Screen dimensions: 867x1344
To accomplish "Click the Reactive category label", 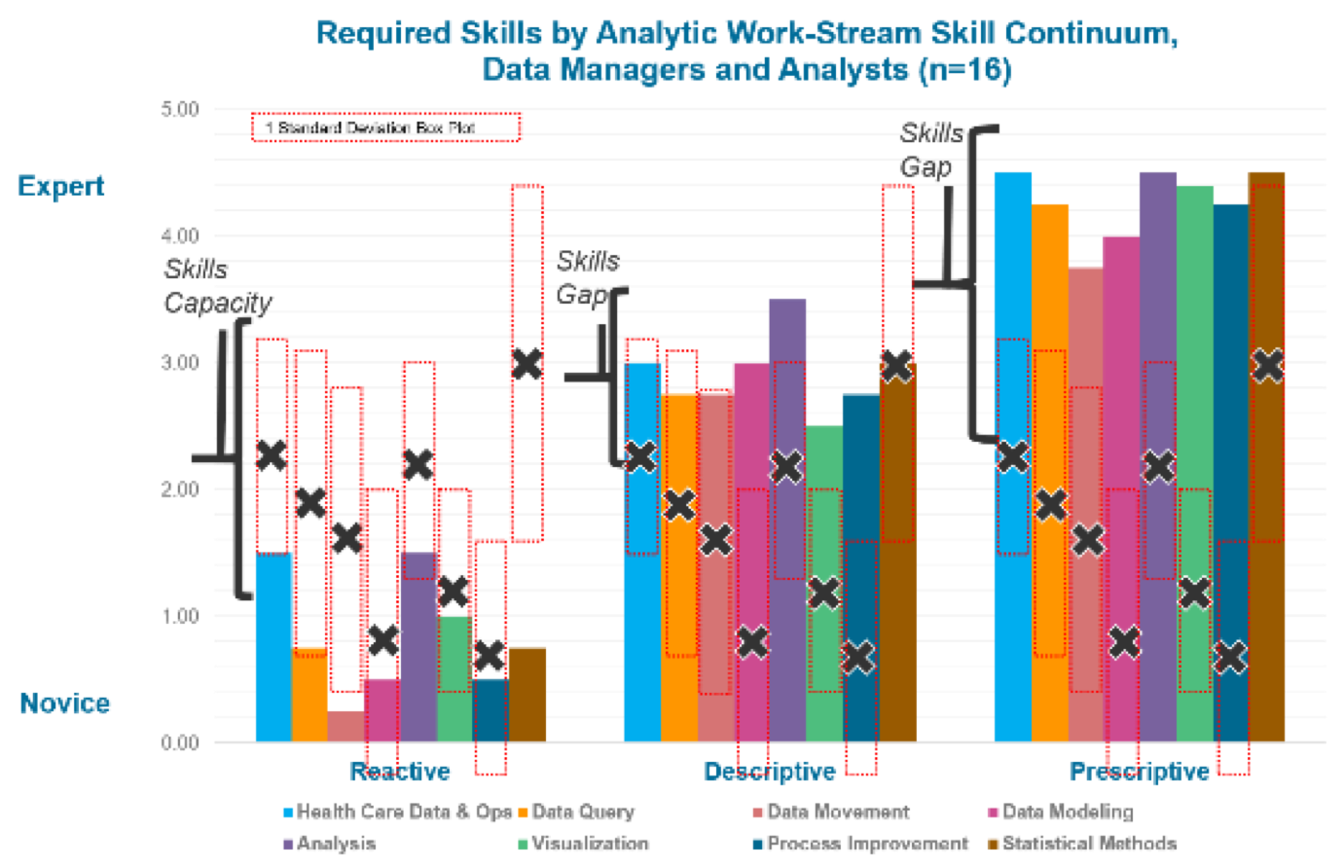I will [x=400, y=772].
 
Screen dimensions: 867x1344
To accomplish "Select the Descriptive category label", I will [x=769, y=772].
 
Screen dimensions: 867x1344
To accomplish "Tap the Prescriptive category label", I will [x=1140, y=772].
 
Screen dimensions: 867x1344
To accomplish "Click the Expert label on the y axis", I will [x=60, y=184].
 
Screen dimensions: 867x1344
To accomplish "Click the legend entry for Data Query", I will [x=582, y=813].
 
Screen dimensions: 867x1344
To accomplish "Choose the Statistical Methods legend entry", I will [x=1089, y=844].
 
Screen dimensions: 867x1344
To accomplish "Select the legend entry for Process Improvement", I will [x=867, y=844].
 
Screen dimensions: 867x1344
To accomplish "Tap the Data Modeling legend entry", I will [x=1067, y=813].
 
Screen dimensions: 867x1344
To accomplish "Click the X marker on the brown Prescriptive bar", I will [x=1267, y=366].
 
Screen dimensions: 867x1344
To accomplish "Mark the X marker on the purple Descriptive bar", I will [x=786, y=467].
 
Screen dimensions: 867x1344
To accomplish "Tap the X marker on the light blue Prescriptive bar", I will [x=1012, y=456].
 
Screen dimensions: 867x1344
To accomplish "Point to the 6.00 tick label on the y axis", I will [x=180, y=109].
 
